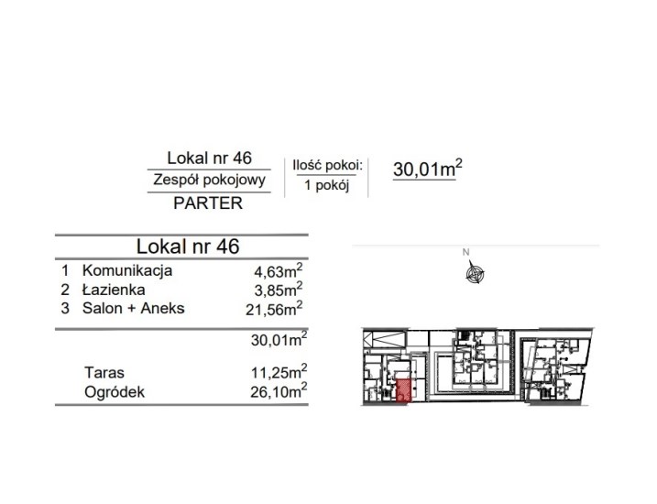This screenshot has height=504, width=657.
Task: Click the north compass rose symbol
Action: pos(475,273)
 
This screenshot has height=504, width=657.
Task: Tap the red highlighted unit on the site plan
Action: pos(403,390)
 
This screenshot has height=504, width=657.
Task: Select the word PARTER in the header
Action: pos(208,203)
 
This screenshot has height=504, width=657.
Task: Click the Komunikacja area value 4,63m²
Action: pos(279,270)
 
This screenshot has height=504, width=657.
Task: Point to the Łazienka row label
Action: pos(114,290)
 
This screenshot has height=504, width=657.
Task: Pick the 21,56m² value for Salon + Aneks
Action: pos(274,308)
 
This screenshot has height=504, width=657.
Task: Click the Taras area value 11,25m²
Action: pos(279,371)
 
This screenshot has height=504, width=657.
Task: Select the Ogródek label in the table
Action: pos(115,392)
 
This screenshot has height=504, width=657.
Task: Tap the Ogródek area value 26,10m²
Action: pos(279,391)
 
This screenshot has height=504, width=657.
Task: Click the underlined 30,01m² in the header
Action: pos(428,169)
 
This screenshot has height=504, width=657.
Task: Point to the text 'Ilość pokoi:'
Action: pos(327,166)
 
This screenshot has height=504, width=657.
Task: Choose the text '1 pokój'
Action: pos(326,185)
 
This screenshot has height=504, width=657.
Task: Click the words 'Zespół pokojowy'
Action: pos(209,180)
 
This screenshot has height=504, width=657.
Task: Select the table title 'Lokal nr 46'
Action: pos(188,247)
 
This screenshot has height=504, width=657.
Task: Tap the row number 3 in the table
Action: pos(65,308)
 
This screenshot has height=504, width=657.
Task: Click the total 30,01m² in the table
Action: pos(279,339)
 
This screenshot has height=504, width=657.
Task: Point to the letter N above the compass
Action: pos(465,252)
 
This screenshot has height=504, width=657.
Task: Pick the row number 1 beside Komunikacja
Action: pos(65,270)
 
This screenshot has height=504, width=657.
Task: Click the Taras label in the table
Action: pos(104,372)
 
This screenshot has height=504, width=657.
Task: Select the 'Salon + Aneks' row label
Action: pos(133,308)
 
